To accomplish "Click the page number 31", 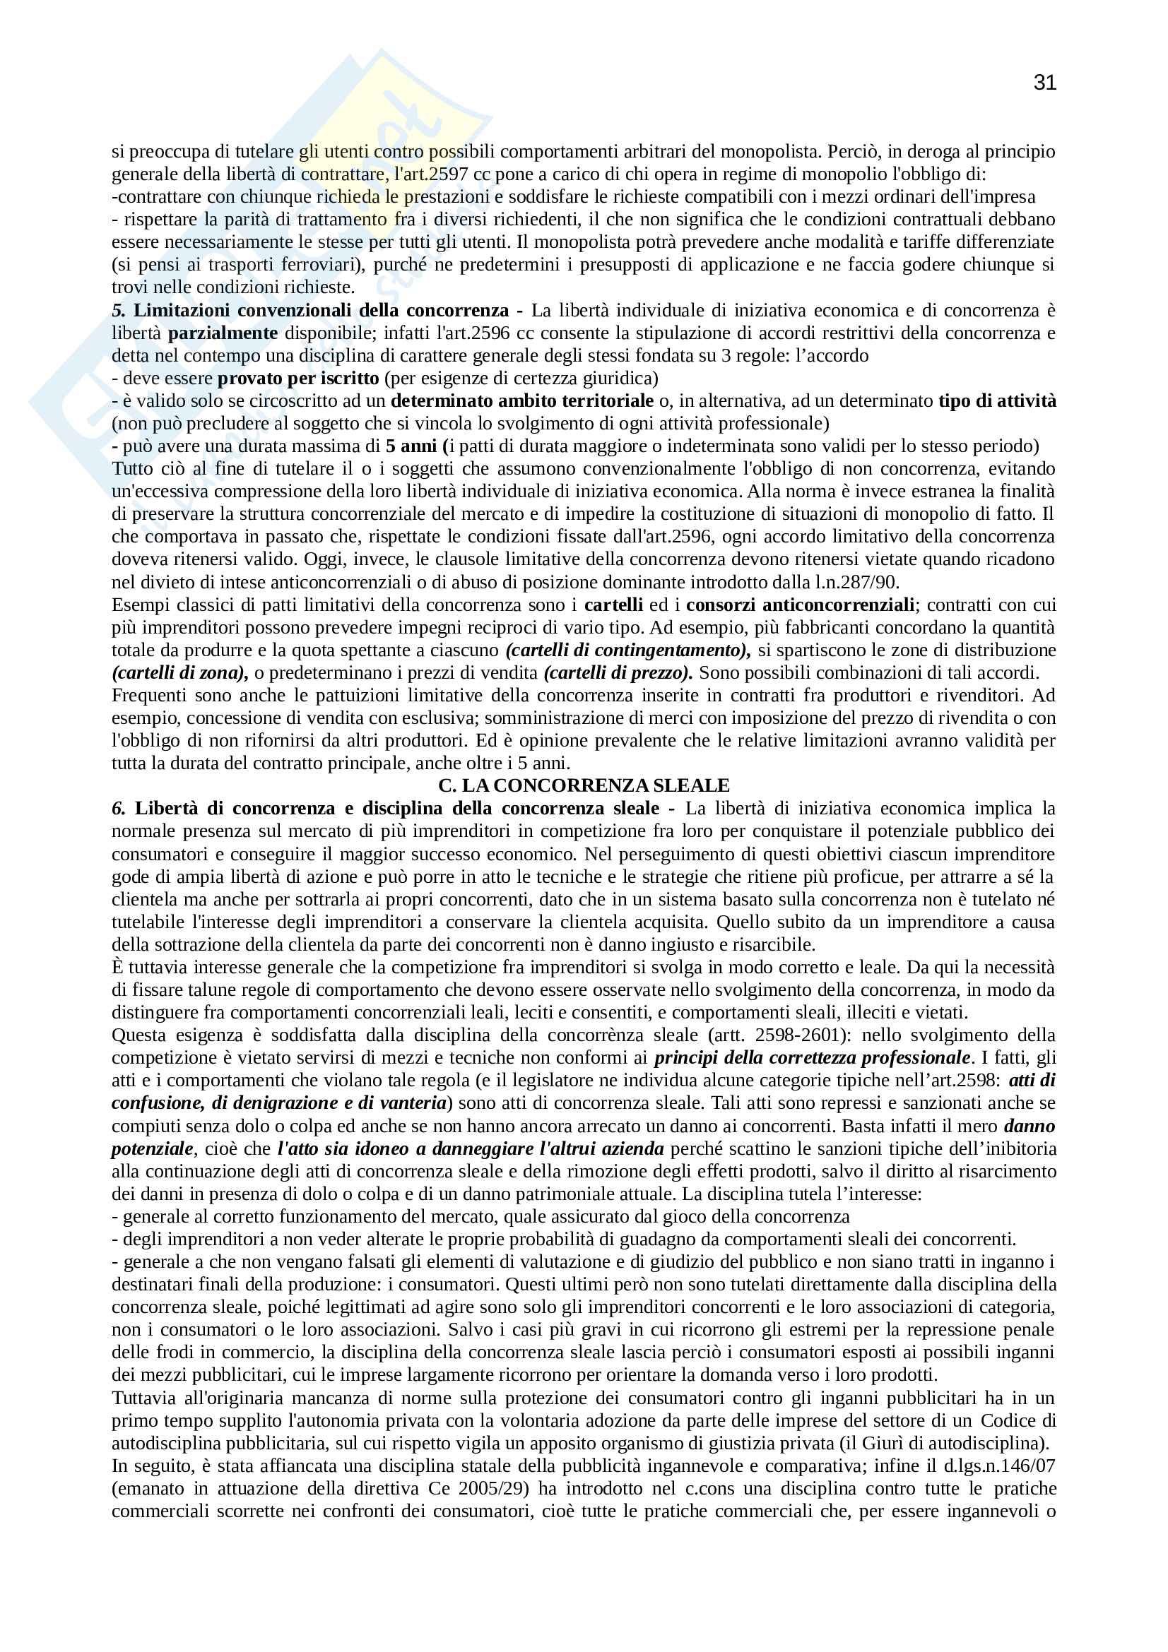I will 1044,83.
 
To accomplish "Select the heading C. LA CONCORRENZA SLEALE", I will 584,785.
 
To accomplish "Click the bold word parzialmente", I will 223,333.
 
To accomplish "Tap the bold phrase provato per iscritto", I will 298,379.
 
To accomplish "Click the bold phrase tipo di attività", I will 997,400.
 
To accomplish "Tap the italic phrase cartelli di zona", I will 179,673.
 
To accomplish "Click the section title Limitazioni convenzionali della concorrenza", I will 321,311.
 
